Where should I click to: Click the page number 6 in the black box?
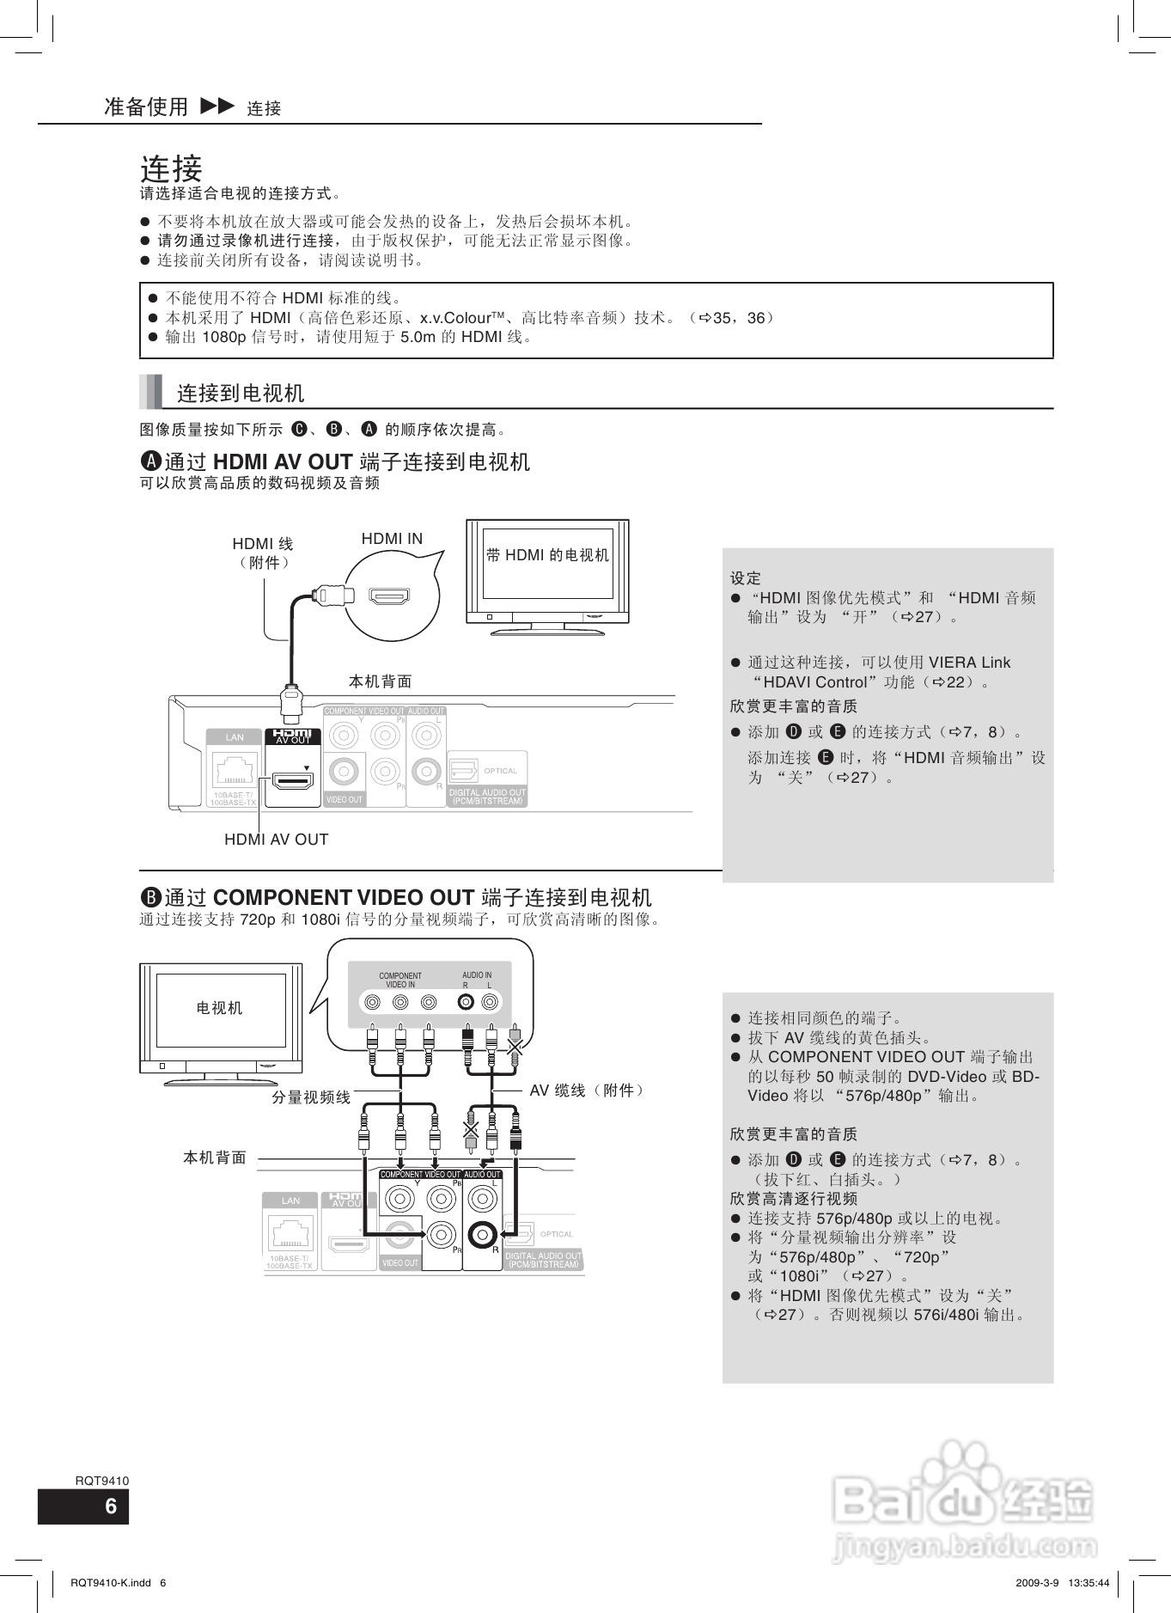click(110, 1506)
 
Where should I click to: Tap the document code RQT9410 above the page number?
click(101, 1481)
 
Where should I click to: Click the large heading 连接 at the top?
click(171, 167)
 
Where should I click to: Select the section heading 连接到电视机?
click(241, 394)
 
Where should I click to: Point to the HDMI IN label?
click(392, 539)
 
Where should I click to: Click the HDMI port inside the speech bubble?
click(389, 596)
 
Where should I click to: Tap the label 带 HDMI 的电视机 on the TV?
click(547, 555)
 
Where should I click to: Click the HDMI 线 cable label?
click(263, 544)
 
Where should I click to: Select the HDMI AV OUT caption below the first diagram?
click(276, 840)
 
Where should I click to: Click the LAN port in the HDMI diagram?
click(234, 767)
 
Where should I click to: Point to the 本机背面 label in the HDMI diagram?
click(380, 681)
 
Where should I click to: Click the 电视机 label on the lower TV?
click(220, 1008)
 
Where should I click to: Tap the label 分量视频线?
click(311, 1097)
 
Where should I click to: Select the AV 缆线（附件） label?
click(588, 1091)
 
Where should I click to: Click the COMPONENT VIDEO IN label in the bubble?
click(400, 980)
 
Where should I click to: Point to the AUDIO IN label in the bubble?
click(477, 975)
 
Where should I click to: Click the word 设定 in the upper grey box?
click(745, 578)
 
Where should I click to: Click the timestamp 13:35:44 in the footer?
click(1089, 1583)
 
